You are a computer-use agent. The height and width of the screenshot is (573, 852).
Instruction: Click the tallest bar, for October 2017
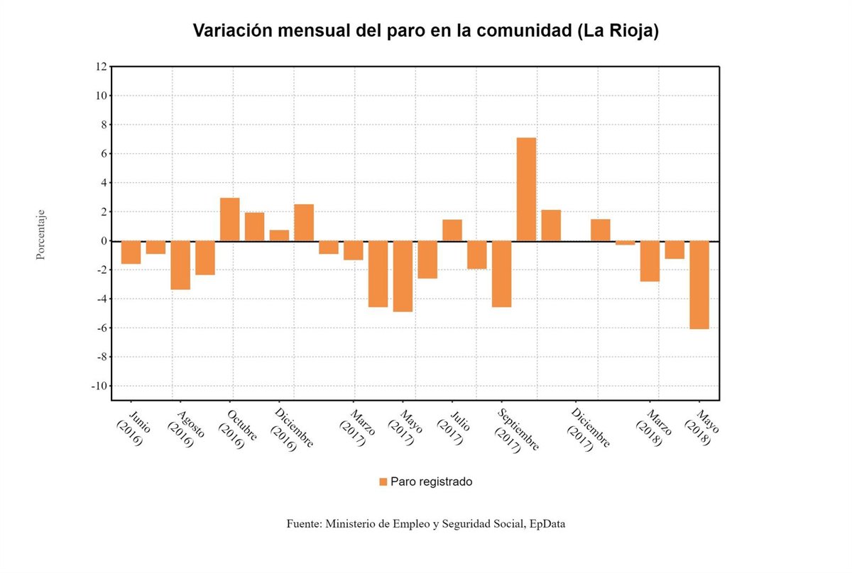point(526,189)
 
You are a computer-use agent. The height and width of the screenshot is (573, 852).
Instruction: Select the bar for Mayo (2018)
point(699,284)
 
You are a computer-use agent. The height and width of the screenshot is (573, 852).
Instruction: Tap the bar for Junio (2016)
point(131,252)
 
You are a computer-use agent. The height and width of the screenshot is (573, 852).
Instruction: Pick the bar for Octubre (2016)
point(229,219)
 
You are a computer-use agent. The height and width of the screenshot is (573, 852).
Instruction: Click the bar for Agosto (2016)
point(180,265)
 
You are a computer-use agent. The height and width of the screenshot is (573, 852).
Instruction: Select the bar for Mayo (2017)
point(403,276)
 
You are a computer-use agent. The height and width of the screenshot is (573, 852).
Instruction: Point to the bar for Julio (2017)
point(452,230)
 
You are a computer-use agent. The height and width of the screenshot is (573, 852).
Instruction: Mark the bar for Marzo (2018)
point(650,261)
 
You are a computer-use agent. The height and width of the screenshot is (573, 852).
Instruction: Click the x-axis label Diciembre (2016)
point(291,429)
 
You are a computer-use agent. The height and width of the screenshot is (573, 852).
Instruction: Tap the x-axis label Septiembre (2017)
point(517,430)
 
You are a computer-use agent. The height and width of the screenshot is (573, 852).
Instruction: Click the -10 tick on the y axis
point(99,386)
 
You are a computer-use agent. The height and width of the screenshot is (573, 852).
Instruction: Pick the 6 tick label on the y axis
point(103,154)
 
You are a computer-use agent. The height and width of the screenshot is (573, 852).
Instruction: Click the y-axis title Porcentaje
point(41,234)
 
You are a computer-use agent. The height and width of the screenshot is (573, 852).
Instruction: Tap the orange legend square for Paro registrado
point(383,482)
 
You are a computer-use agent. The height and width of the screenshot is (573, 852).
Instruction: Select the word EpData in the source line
point(547,524)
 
